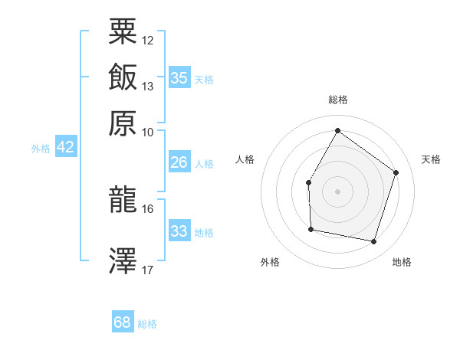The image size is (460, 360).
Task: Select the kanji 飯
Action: coord(123,77)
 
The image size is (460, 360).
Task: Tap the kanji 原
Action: coord(123,123)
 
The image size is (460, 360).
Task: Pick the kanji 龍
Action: coord(123,200)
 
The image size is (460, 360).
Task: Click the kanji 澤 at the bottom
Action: coord(123,260)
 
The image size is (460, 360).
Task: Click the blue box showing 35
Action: coord(179,77)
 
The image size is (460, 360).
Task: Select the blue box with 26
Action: coord(179,162)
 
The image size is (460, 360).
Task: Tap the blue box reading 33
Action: coord(179,231)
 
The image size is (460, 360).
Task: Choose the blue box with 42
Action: coord(65,147)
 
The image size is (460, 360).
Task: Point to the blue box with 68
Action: coord(123,322)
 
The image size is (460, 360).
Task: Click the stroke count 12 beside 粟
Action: coord(148,40)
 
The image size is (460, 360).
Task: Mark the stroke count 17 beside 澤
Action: coord(148,270)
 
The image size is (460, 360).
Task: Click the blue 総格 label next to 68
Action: coord(147,324)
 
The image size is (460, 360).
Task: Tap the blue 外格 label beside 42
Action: coord(40,149)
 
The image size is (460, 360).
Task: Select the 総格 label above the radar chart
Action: coord(337,100)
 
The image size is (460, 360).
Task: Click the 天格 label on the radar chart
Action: coord(431,159)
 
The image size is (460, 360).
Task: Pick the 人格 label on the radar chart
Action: coord(245,159)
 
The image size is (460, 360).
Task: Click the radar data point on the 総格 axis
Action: coord(337,131)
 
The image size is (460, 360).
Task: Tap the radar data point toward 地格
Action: coord(374,242)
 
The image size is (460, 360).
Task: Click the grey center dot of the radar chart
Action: coord(337,191)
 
